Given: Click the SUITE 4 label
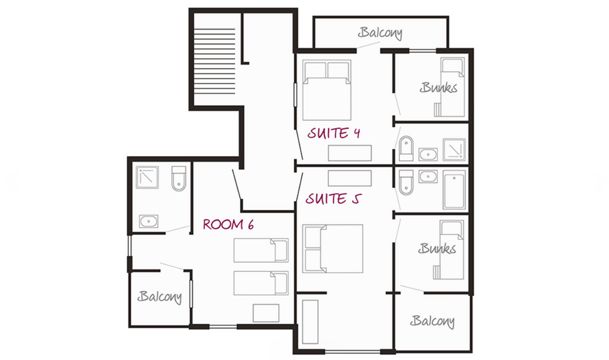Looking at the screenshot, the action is [334, 133].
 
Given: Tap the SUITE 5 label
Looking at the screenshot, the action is [334, 199].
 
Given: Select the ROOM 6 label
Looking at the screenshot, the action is [228, 225].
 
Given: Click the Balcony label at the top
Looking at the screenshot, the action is [380, 33].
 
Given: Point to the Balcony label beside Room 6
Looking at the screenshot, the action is [159, 297].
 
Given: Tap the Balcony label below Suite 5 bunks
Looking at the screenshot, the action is [432, 321].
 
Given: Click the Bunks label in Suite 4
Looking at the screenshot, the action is [439, 88].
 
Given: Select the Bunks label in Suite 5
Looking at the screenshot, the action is [437, 249].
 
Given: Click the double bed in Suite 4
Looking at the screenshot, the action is [327, 90].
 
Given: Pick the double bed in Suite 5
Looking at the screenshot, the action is [333, 249].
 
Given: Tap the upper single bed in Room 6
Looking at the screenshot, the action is [261, 251].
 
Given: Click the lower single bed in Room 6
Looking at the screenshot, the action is [261, 283].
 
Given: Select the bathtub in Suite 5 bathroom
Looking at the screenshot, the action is [454, 190].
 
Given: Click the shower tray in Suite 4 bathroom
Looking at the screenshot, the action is [454, 150].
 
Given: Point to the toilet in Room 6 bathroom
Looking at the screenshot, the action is [179, 179].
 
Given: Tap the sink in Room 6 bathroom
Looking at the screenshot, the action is [149, 221].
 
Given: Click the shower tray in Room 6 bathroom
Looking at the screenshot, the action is [147, 178].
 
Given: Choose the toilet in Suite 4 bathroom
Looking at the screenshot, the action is [406, 149].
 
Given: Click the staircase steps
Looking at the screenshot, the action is [214, 61].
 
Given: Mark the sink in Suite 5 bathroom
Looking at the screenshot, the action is [428, 177].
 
